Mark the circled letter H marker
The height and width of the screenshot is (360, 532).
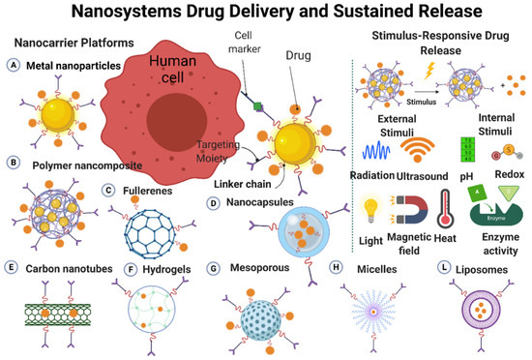(x=335, y=267)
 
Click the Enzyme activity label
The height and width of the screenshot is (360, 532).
(x=485, y=260)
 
